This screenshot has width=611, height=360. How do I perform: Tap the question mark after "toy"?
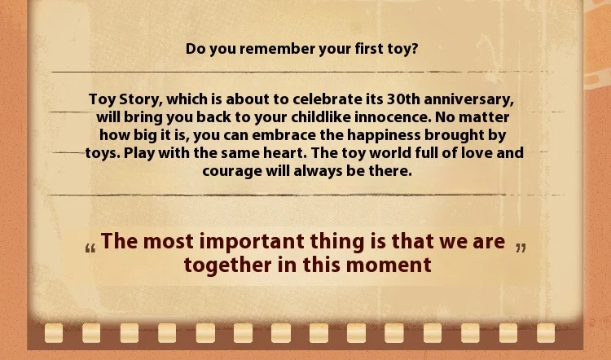(x=415, y=49)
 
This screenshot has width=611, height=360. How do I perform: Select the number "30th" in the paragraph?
(x=403, y=99)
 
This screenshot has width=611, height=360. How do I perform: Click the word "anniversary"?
(x=468, y=99)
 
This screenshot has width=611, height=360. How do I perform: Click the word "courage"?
(x=232, y=171)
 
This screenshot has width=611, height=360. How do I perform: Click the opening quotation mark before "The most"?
(x=90, y=248)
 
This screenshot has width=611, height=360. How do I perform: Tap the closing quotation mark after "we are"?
(x=521, y=248)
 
